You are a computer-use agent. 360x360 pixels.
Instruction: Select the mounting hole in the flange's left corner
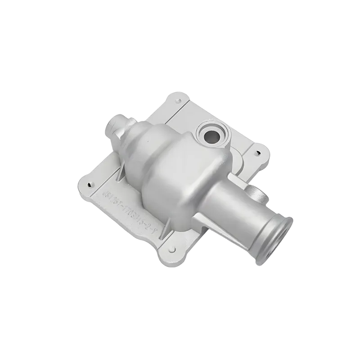click(90, 185)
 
